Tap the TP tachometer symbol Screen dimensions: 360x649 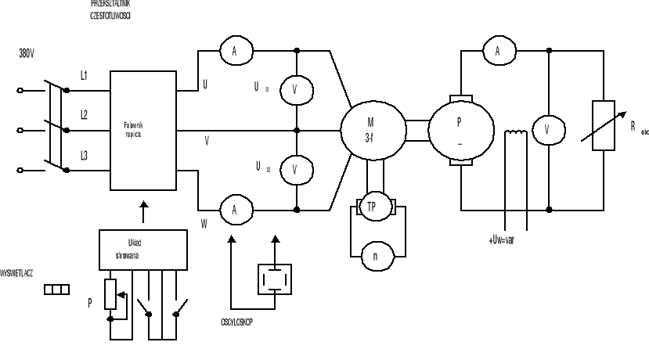pos(373,207)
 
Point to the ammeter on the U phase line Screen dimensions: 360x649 pos(233,52)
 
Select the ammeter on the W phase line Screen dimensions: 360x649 pos(233,209)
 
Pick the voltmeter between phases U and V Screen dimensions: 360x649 pos(295,90)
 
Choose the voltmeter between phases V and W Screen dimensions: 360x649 pos(295,169)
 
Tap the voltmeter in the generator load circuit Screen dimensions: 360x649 pos(547,130)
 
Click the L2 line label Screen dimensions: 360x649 pos(84,114)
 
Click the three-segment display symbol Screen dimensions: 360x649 pos(57,290)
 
